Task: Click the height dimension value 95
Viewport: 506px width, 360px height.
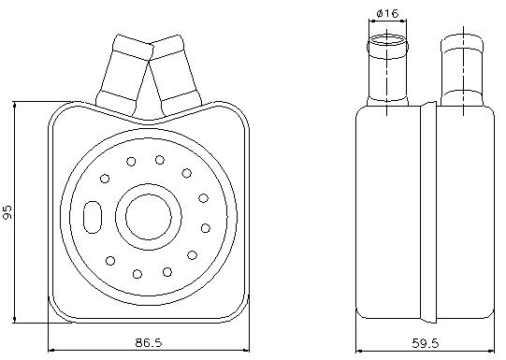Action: [8, 212]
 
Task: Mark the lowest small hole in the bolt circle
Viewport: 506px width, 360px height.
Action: [137, 274]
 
